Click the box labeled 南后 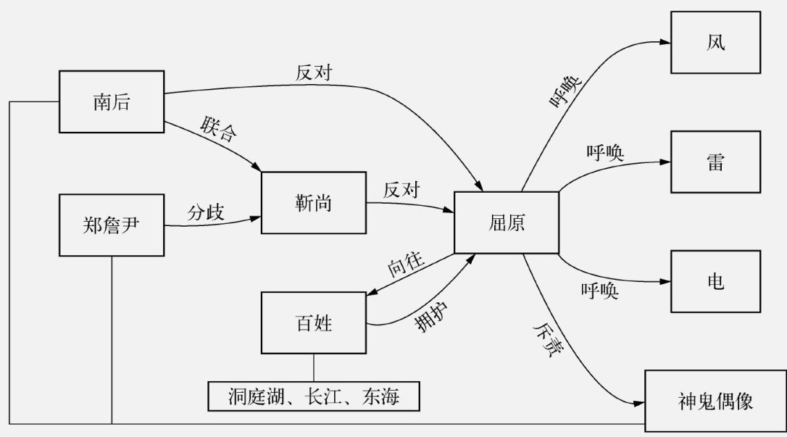coord(111,102)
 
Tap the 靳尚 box coord(314,204)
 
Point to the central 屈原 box coord(507,222)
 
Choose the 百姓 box coord(314,322)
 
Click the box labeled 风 coord(715,43)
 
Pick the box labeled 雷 coord(715,162)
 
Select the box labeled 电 coord(715,281)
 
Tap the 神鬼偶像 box coord(715,401)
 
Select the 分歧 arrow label coord(207,213)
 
